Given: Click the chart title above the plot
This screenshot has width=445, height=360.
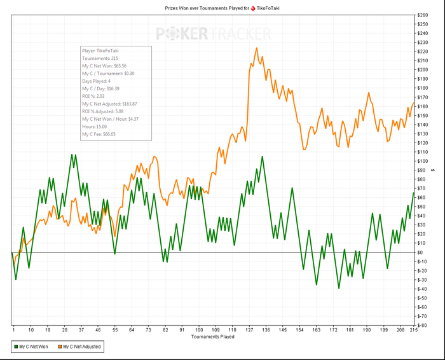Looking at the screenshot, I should [222, 8].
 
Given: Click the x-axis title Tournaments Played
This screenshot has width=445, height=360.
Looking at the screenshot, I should [213, 336].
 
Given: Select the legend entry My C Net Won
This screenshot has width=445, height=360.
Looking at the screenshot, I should [32, 347].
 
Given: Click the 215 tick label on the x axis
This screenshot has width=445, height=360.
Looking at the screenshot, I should [414, 330].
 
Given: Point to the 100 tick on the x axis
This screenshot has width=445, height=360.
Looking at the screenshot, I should [199, 330].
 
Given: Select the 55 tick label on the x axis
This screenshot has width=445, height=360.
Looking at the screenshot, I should [115, 330].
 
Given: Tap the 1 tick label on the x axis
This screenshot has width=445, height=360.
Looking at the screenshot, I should [13, 330].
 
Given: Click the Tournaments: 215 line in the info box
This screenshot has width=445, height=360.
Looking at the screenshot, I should [100, 58].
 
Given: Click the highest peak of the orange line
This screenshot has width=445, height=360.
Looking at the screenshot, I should [256, 48].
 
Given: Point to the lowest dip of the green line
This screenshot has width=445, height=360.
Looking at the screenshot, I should [339, 288].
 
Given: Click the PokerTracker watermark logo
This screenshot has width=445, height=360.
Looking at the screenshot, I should [214, 34].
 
